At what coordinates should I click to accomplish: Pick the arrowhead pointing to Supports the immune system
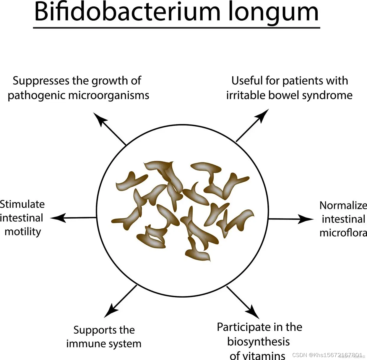(110, 311)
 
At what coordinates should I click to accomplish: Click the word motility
(23, 232)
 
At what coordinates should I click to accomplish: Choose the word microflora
(343, 233)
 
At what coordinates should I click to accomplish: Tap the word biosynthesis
(259, 342)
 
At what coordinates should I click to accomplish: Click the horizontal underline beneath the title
(176, 28)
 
